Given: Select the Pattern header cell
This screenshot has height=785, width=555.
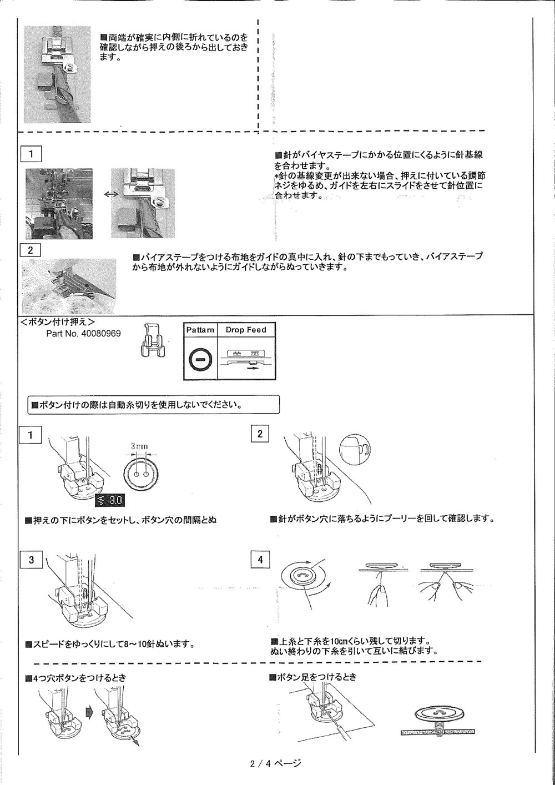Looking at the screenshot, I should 200,330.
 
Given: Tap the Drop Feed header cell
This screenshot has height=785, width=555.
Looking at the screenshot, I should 245,330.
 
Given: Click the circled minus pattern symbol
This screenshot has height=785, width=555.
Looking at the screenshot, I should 200,360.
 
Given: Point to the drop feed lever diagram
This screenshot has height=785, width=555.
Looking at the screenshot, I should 246,360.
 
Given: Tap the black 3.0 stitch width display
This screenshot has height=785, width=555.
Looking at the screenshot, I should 110,501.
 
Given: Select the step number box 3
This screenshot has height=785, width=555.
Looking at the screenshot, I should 31,560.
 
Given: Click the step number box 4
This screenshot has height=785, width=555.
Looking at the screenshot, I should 260,560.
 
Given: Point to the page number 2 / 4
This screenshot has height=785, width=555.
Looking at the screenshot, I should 275,763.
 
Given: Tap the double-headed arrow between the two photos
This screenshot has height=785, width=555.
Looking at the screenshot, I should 111,194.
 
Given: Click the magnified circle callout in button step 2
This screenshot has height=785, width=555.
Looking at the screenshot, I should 354,448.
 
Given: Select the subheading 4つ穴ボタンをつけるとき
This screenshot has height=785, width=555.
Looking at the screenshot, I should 76,677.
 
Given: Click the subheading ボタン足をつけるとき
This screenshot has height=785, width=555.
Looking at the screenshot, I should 312,677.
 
